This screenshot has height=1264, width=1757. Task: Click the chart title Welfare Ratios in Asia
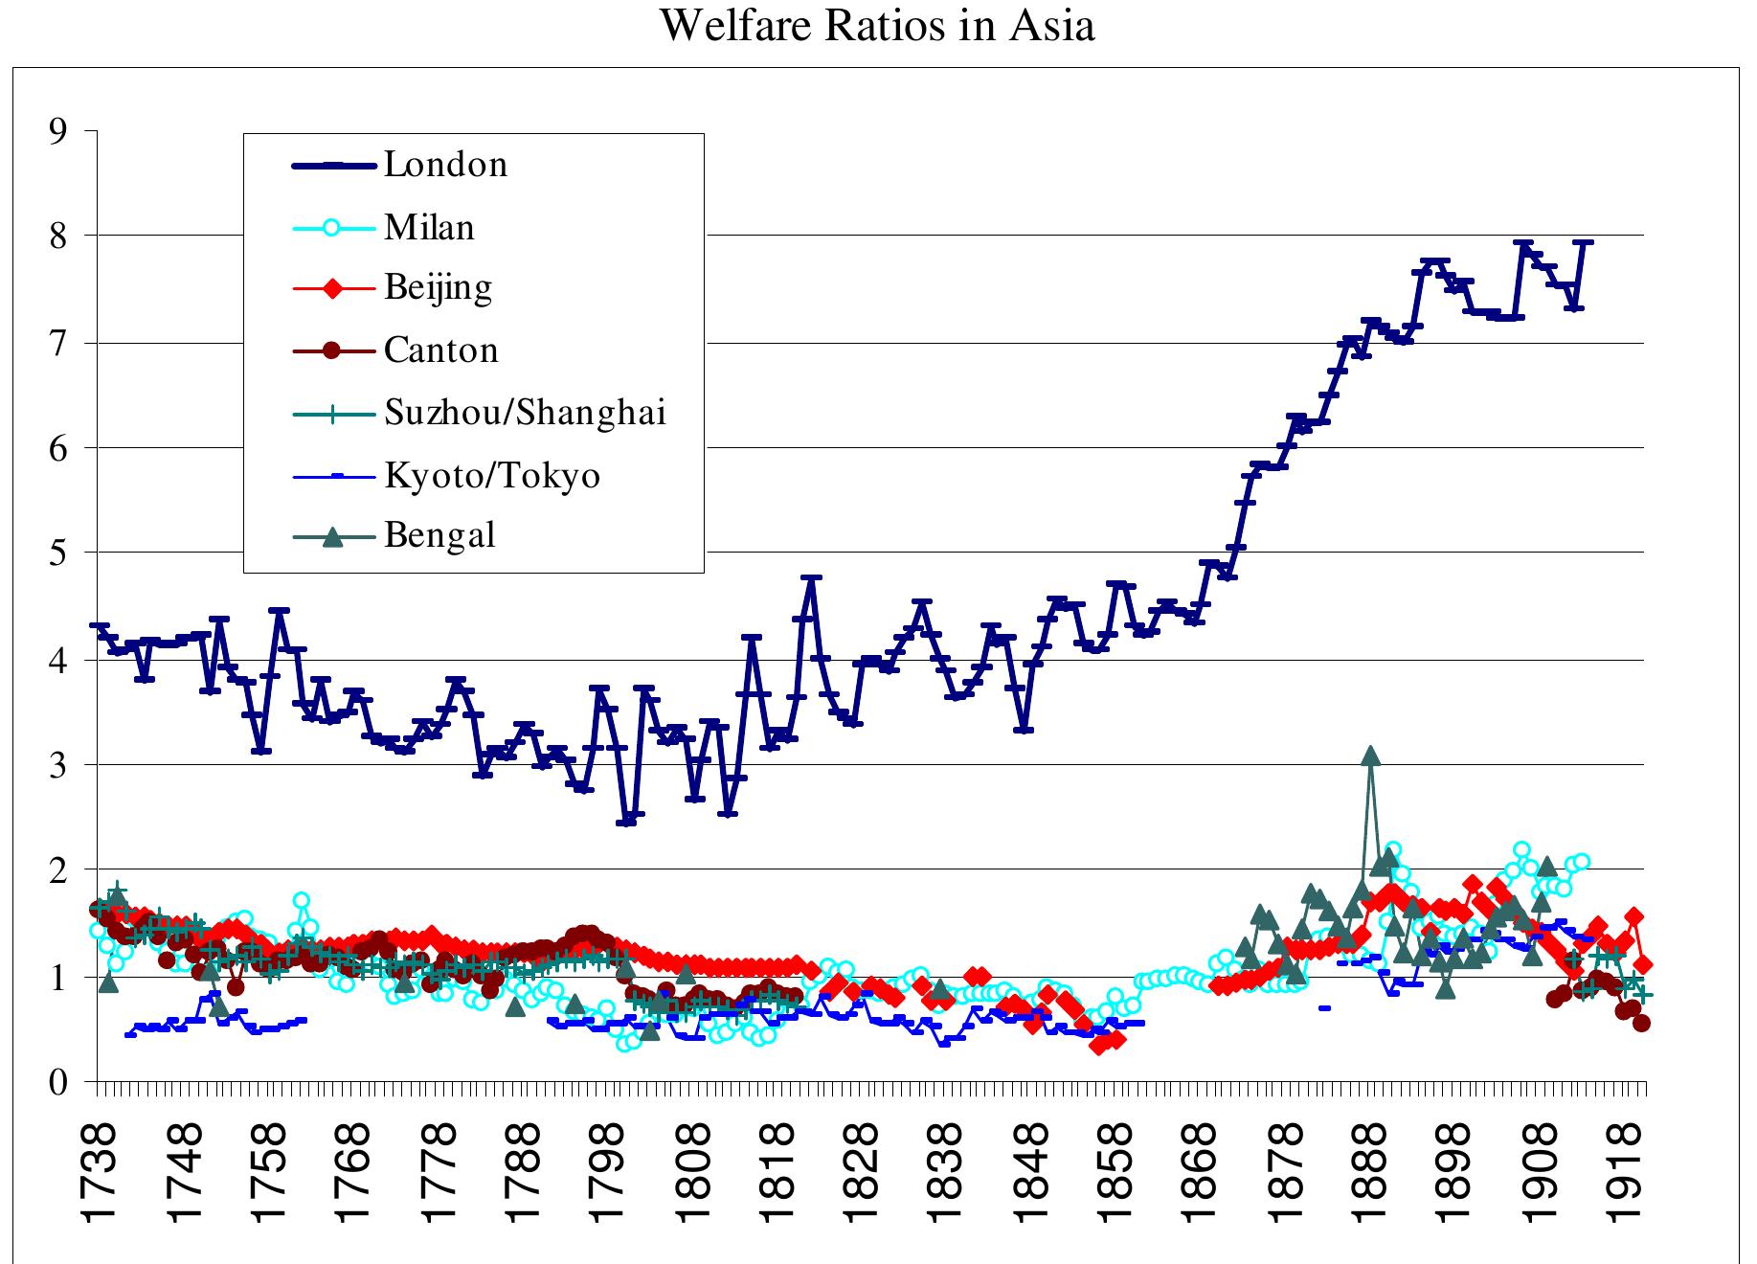coord(877,26)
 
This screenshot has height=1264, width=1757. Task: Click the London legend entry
coord(445,165)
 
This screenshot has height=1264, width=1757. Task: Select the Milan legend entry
coord(429,228)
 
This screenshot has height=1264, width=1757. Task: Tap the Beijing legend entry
coord(438,287)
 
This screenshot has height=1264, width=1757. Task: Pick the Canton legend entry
coord(440,350)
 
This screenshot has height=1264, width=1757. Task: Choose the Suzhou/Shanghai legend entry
coord(525,413)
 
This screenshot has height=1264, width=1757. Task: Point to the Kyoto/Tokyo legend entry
coord(492,475)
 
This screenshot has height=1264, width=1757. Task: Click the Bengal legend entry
coord(439,535)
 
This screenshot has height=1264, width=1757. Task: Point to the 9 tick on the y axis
coord(59,130)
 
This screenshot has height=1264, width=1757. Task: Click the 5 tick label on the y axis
coord(59,553)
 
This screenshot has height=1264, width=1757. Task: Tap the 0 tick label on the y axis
coord(59,1083)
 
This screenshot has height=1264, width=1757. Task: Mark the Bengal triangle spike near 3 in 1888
coord(1371,756)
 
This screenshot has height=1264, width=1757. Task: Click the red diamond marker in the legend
coord(331,288)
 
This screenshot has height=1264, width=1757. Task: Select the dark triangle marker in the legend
coord(331,536)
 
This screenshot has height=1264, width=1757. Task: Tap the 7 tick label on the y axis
coord(59,343)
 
